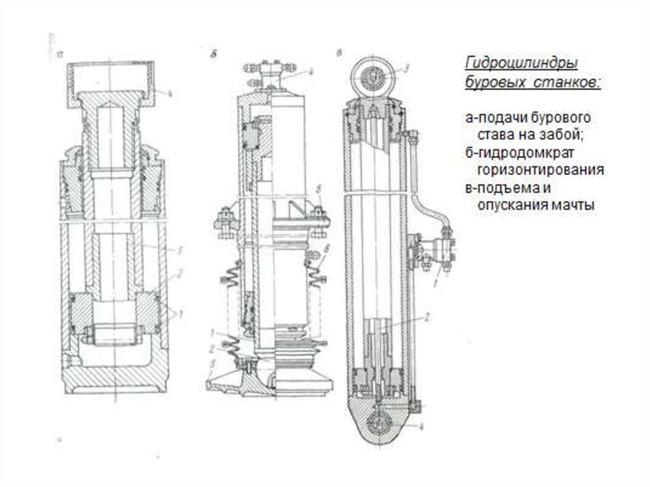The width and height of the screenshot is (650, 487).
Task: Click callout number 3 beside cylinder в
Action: click(x=408, y=66)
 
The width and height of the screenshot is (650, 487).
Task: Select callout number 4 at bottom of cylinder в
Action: click(x=421, y=427)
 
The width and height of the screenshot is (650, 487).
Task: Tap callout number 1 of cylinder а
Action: click(x=180, y=312)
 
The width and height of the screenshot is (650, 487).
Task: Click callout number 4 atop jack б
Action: click(x=310, y=72)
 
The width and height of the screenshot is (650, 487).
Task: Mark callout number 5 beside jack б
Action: click(x=321, y=189)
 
